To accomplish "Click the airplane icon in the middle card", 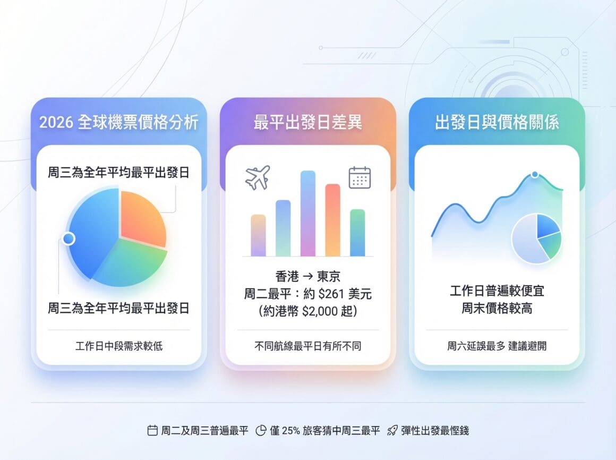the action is [258, 177].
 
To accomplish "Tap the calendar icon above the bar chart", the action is [360, 177].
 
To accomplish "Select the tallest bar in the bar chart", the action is [308, 214].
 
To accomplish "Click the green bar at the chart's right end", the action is [357, 233].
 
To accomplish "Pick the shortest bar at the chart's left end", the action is [258, 235].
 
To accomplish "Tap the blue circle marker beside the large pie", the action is [69, 238].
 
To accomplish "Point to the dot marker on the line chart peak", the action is [535, 174].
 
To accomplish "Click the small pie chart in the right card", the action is [537, 238].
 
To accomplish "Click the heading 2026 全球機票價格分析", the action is [118, 122].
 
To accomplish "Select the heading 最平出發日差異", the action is [307, 122].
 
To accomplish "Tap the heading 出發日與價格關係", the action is [497, 122].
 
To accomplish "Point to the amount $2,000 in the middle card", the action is [320, 311].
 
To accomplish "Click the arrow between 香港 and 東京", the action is [308, 276].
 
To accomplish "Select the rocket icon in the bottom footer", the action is [392, 431].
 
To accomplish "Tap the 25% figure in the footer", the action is [290, 431].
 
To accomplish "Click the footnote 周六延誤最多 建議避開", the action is [497, 346].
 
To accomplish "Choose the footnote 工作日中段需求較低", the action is [118, 346].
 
